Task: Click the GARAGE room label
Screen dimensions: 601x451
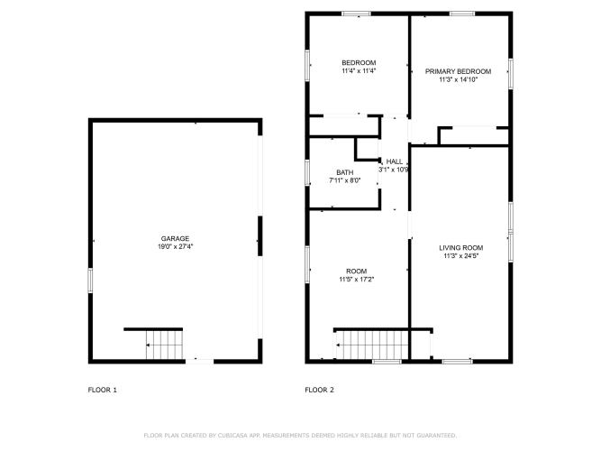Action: click(x=175, y=238)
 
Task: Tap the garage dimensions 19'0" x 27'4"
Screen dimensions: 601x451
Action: click(x=175, y=247)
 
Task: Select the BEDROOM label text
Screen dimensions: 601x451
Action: click(x=359, y=62)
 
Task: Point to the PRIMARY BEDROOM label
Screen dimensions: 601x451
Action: click(x=458, y=71)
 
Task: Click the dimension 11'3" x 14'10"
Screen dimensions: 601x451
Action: click(x=459, y=80)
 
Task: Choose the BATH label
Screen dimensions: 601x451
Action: click(x=345, y=172)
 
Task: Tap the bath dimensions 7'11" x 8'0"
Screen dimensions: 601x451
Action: click(x=345, y=180)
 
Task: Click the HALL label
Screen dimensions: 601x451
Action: click(x=395, y=161)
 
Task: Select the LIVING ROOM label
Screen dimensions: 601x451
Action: click(x=461, y=248)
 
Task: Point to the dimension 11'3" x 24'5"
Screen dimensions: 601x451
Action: click(x=461, y=256)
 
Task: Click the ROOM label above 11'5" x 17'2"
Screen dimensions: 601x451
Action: click(x=357, y=271)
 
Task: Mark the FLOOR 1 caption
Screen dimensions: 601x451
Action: click(x=103, y=390)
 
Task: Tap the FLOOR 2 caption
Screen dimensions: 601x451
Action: click(x=319, y=390)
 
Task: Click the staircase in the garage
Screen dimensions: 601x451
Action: click(x=164, y=345)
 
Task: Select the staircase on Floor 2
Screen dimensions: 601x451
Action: click(x=372, y=345)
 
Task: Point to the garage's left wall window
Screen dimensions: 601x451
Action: click(x=90, y=281)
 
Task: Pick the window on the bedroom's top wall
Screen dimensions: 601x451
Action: click(x=357, y=14)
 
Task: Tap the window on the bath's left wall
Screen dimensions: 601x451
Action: click(x=307, y=172)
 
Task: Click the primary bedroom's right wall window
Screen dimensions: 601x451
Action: click(x=511, y=74)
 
